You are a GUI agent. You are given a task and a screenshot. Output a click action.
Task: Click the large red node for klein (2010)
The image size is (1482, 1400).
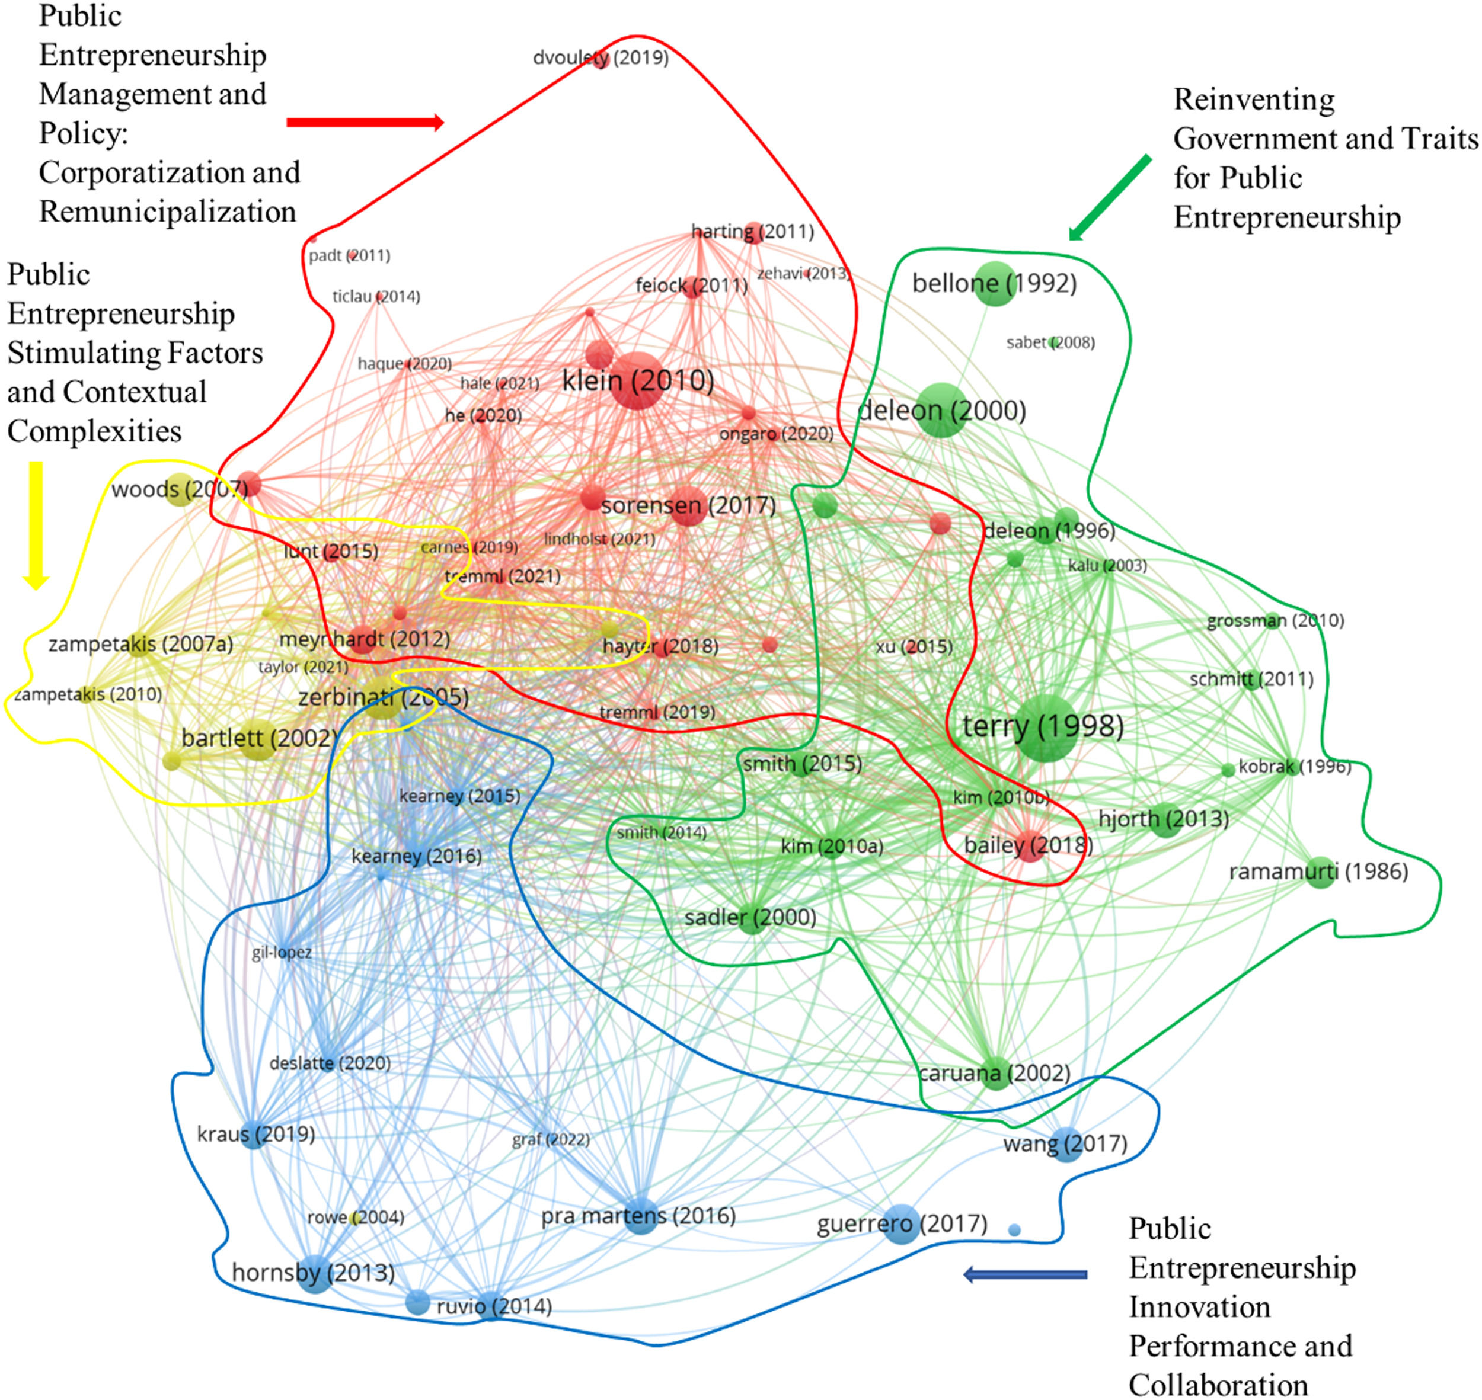point(637,380)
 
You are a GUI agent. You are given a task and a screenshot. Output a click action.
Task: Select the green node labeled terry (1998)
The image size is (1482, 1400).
point(1046,728)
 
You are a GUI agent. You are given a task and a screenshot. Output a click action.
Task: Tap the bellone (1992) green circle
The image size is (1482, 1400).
point(995,284)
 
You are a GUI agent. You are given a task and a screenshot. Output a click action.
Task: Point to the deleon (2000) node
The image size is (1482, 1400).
point(941,411)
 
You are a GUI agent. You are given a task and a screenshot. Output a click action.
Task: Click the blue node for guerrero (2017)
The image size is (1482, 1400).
point(901,1224)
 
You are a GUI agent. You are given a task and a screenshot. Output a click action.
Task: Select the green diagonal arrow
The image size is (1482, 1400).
point(1110,198)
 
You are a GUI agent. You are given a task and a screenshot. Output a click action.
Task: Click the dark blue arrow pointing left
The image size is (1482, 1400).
point(1025,1274)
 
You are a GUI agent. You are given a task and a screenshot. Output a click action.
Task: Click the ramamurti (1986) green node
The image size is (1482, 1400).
point(1320,872)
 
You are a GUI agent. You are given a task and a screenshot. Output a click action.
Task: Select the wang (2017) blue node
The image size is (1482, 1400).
point(1067,1144)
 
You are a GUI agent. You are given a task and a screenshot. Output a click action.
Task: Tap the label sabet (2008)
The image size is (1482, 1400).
point(1050,342)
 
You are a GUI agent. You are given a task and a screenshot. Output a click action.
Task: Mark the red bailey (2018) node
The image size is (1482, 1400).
point(1030,846)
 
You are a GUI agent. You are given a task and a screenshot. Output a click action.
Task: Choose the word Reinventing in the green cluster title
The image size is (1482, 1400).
point(1254,100)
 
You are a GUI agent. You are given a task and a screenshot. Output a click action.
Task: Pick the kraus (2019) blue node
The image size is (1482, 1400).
point(254,1135)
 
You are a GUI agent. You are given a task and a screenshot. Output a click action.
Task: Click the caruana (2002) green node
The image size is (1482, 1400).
point(995,1073)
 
